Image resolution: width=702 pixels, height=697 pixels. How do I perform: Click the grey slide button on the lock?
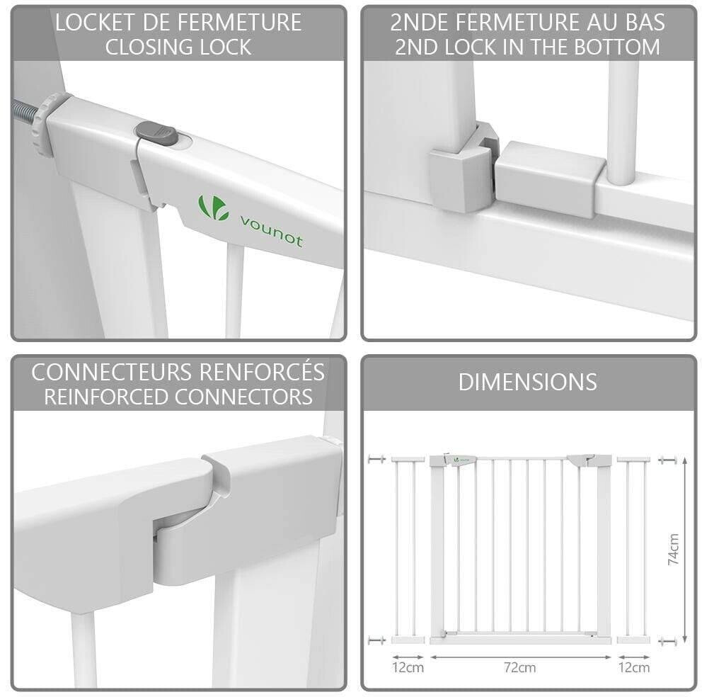tap(156, 133)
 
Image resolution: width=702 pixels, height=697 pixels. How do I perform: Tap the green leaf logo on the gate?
tap(213, 208)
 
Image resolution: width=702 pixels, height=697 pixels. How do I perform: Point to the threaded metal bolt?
tap(24, 112)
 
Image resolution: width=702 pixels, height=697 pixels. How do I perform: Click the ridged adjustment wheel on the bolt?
tap(46, 125)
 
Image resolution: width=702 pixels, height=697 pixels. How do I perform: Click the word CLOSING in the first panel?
tap(149, 47)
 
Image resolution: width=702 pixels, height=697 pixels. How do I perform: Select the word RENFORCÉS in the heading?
tap(262, 371)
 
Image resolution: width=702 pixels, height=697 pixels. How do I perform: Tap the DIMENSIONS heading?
tap(527, 382)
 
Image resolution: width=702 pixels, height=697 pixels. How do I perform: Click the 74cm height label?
tap(673, 549)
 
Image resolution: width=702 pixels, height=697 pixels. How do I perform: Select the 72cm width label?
tap(520, 667)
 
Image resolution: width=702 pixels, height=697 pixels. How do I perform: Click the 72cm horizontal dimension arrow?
tap(520, 657)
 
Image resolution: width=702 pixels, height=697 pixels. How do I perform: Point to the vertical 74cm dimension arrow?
tap(684, 550)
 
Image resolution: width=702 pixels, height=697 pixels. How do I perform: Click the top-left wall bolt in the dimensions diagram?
tap(377, 459)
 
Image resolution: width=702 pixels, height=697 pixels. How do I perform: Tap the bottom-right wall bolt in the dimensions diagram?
tap(667, 642)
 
